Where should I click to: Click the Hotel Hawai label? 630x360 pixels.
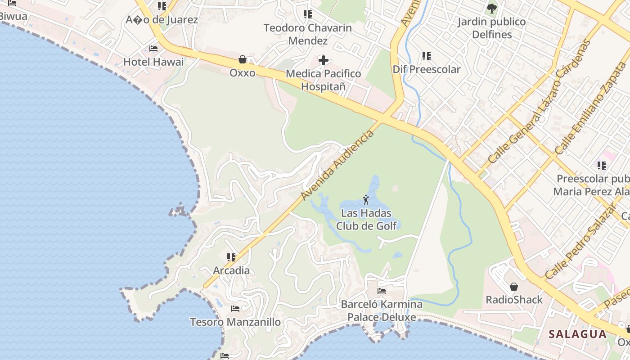153,62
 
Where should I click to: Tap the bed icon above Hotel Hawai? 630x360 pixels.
153,49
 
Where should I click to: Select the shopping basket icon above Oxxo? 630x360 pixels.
243,59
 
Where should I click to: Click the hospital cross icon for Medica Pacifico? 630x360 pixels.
323,60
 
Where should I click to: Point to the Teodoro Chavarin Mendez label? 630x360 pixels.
308,34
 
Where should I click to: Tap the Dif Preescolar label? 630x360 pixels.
427,69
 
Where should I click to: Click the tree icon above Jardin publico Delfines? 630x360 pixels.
491,8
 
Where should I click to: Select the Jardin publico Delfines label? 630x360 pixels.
491,28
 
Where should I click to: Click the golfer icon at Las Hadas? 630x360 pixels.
366,199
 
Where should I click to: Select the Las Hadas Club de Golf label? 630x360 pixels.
367,220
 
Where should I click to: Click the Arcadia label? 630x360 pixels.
231,271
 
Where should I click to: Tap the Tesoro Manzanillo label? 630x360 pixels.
235,322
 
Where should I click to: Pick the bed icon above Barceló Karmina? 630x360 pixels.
382,291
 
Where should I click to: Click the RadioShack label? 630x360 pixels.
514,300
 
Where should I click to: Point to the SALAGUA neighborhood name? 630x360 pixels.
578,334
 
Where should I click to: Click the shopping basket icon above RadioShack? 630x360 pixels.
513,287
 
